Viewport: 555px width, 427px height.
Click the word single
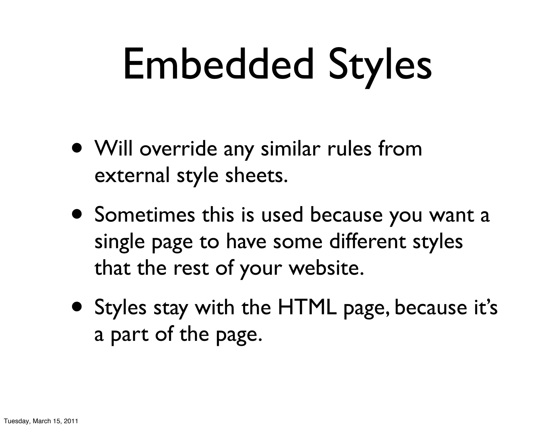119,242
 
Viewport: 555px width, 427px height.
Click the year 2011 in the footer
72,421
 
